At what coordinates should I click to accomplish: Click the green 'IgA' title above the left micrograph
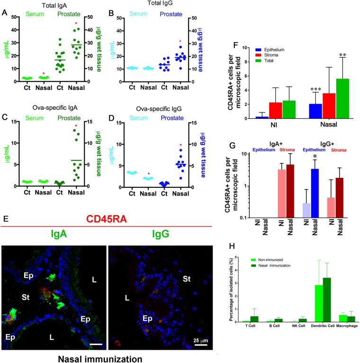pos(55,221)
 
